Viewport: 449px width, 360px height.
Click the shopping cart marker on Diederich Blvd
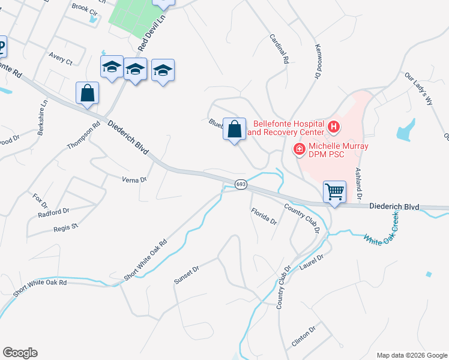[334, 193]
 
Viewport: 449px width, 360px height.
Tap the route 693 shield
[241, 184]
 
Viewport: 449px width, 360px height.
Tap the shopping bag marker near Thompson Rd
[88, 93]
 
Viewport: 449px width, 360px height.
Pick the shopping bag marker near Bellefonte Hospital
[235, 129]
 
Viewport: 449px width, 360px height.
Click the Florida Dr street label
[264, 217]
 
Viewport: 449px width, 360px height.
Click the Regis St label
[66, 227]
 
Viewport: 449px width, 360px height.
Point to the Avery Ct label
[61, 61]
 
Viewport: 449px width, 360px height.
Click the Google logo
[20, 353]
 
